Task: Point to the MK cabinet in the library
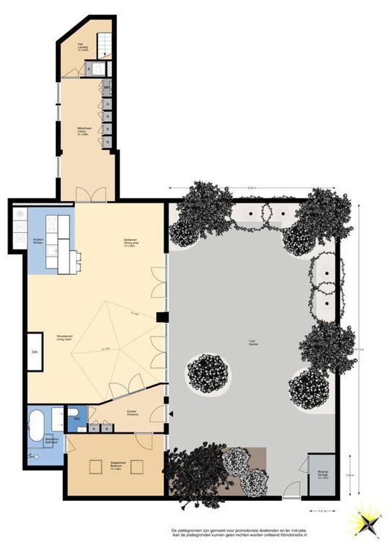coord(107,88)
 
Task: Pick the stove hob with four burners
coord(52,223)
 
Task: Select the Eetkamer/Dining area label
coord(131,243)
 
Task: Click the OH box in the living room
coord(35,352)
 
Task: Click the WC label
coord(77,419)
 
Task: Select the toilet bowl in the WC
coord(73,412)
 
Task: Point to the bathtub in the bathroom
coord(37,424)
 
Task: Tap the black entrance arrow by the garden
coord(171,413)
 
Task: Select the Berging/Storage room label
coord(322,475)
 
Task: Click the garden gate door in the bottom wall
coord(292,491)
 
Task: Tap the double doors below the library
coord(91,195)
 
